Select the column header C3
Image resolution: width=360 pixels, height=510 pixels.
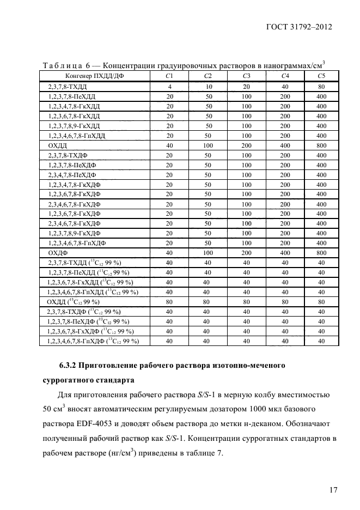pos(246,76)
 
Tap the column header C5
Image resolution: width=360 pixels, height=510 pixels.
pos(321,76)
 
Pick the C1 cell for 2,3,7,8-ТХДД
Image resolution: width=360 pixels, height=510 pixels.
pos(169,87)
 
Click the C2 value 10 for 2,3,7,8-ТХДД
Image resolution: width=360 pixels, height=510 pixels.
pos(208,87)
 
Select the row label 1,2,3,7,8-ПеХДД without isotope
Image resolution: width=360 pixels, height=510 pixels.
pos(70,96)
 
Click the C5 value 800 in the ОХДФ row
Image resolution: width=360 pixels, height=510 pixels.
pos(321,253)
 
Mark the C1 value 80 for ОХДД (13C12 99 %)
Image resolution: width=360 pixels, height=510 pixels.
pos(169,302)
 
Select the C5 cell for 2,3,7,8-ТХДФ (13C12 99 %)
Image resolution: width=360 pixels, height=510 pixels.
pos(321,312)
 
